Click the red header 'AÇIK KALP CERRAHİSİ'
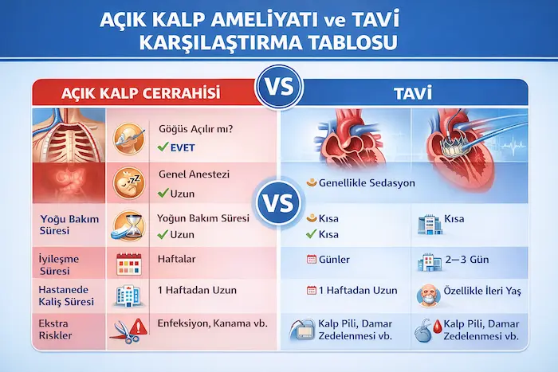point(143,92)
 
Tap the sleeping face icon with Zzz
point(128,182)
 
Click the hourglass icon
point(128,225)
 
